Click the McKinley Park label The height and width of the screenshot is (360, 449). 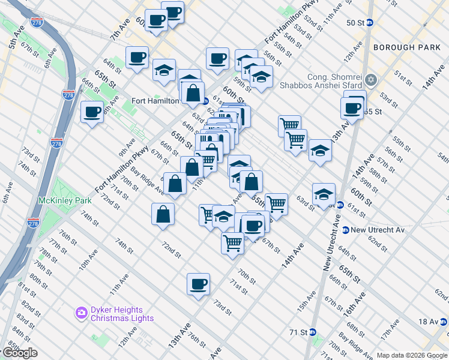(x=65, y=200)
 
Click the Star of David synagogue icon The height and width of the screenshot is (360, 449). (x=371, y=80)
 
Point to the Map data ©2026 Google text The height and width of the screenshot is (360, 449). (x=412, y=355)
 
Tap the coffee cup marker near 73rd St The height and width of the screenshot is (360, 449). (x=198, y=284)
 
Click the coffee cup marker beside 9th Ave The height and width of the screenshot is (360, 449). (x=92, y=112)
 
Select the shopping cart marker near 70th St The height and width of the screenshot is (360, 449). (x=232, y=244)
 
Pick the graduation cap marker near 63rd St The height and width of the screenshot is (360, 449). (x=324, y=194)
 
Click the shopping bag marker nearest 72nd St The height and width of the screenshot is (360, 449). (x=164, y=214)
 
